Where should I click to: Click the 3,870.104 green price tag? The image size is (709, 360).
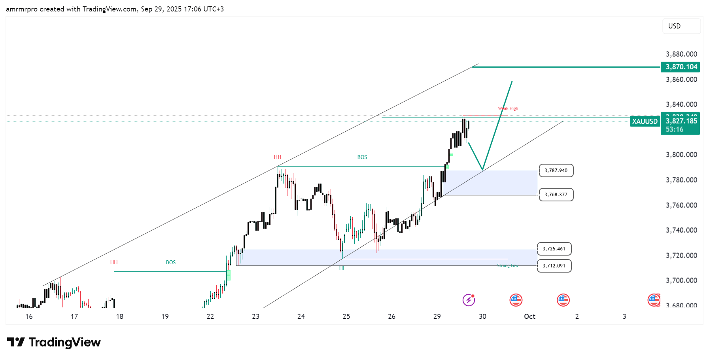(x=680, y=67)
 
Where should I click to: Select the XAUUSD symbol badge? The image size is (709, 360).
(x=645, y=121)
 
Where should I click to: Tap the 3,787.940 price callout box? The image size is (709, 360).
(x=556, y=171)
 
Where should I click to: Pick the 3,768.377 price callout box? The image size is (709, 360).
(x=556, y=195)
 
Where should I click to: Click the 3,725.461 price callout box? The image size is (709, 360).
(x=554, y=249)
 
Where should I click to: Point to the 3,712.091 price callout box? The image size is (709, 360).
(x=554, y=266)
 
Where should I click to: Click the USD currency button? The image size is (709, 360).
(x=681, y=26)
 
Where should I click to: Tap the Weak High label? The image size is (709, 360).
(x=508, y=108)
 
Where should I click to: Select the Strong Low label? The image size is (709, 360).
(x=508, y=265)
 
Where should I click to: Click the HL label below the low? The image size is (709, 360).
(x=342, y=269)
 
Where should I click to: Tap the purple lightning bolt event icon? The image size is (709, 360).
(x=469, y=300)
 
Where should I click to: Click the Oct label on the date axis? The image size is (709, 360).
(x=529, y=316)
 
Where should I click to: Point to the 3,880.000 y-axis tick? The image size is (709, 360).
(x=681, y=54)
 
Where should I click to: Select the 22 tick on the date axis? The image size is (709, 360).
(x=210, y=316)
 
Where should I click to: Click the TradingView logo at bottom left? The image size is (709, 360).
(x=54, y=342)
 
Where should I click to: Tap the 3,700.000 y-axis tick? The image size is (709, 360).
(x=681, y=280)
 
